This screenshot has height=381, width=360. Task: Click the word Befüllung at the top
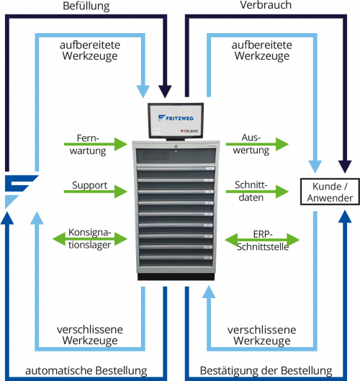tap(86, 6)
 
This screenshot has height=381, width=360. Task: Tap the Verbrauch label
tap(266, 5)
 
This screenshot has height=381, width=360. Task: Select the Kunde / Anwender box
tap(330, 192)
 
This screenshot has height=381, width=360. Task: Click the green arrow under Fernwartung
tap(96, 144)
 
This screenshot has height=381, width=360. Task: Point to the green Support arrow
tap(96, 192)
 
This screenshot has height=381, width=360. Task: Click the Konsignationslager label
tap(89, 238)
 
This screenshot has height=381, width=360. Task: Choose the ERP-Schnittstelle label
tap(263, 241)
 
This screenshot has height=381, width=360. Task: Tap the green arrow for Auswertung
tap(257, 144)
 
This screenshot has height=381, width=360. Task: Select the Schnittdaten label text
tap(251, 192)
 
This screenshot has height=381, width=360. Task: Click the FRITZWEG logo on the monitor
tap(176, 118)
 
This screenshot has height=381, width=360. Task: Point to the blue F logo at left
tap(22, 192)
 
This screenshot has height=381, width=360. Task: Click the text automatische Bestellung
tap(86, 371)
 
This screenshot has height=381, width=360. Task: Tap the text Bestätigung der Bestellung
tap(266, 371)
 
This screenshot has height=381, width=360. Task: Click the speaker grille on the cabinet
tap(156, 156)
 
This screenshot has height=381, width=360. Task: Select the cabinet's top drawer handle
tap(176, 169)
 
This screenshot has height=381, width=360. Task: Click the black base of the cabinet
tap(176, 277)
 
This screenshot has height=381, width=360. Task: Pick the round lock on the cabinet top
tap(176, 146)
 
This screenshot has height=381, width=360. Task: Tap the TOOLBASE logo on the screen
tap(189, 131)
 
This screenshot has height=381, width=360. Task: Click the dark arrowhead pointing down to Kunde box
tap(345, 166)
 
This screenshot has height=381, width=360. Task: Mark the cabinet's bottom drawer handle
tap(176, 258)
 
